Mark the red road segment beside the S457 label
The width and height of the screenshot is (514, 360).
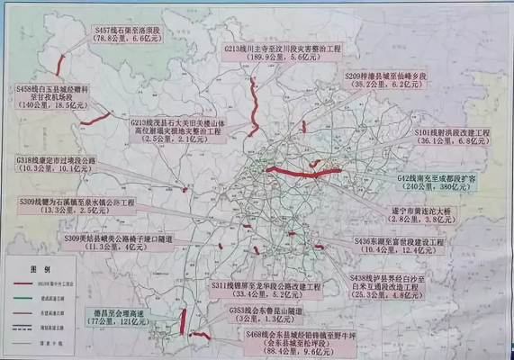coord(61,64)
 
